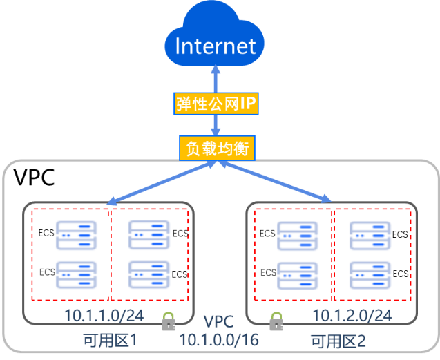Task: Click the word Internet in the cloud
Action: (x=216, y=46)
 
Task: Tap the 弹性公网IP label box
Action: (x=216, y=104)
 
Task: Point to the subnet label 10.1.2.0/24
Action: (x=352, y=316)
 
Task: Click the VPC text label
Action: (x=219, y=323)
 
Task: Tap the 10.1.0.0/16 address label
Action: (x=218, y=339)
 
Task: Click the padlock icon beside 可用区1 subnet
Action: (x=168, y=322)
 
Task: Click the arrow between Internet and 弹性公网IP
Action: (x=216, y=79)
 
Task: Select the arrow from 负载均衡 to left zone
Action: (x=163, y=183)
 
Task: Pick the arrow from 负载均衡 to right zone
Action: (x=273, y=182)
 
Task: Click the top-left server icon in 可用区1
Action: (x=77, y=235)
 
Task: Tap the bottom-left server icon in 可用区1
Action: (x=77, y=274)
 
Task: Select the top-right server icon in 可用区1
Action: (x=149, y=235)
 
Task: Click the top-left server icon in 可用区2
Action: (x=298, y=235)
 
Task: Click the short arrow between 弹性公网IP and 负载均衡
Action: (x=216, y=126)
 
